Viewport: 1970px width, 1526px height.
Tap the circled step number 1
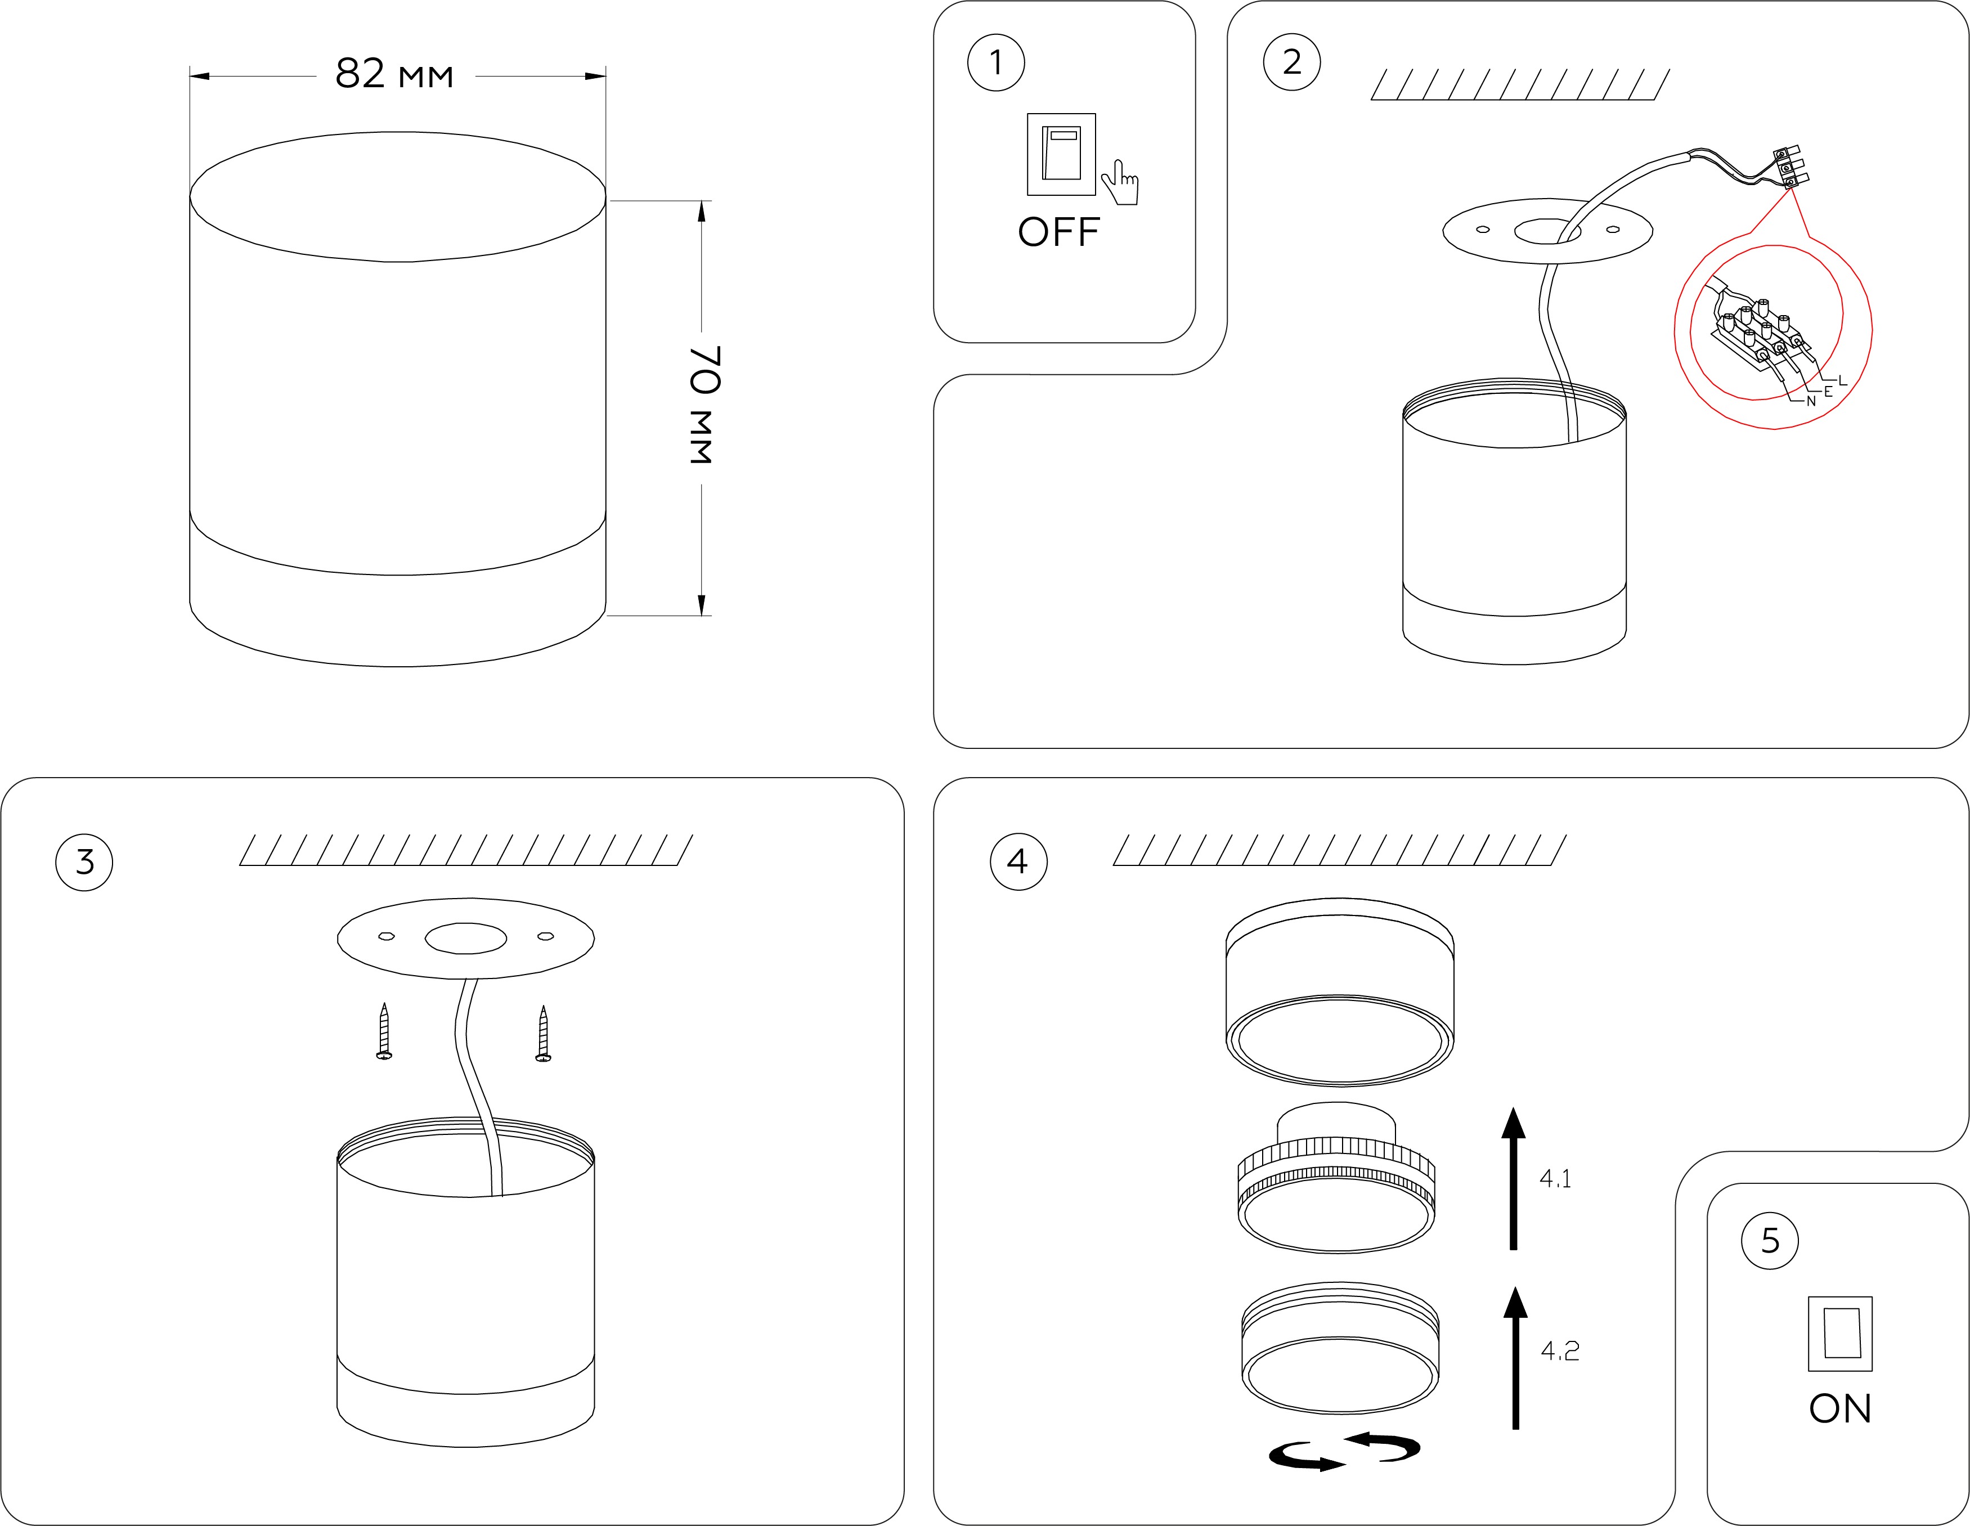pyautogui.click(x=996, y=62)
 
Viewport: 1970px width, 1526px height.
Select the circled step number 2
pyautogui.click(x=1292, y=62)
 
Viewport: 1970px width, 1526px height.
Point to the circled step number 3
pyautogui.click(x=84, y=861)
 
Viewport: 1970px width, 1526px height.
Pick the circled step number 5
pyautogui.click(x=1770, y=1241)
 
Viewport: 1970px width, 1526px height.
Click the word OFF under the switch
pyautogui.click(x=1059, y=233)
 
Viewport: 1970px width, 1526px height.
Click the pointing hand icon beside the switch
pyautogui.click(x=1121, y=183)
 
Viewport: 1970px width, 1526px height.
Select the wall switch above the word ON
pyautogui.click(x=1840, y=1333)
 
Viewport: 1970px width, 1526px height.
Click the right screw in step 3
pyautogui.click(x=543, y=1034)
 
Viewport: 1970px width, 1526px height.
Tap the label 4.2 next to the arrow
pyautogui.click(x=1560, y=1350)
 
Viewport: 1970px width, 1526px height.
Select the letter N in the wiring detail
pyautogui.click(x=1810, y=401)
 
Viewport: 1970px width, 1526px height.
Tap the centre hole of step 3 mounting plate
pyautogui.click(x=465, y=938)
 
